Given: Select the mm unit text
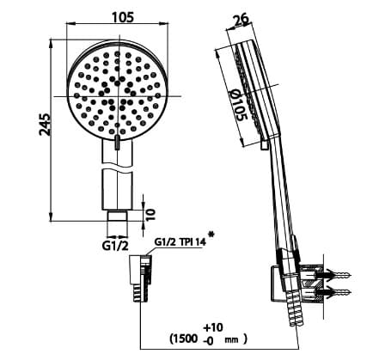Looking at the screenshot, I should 229,340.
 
